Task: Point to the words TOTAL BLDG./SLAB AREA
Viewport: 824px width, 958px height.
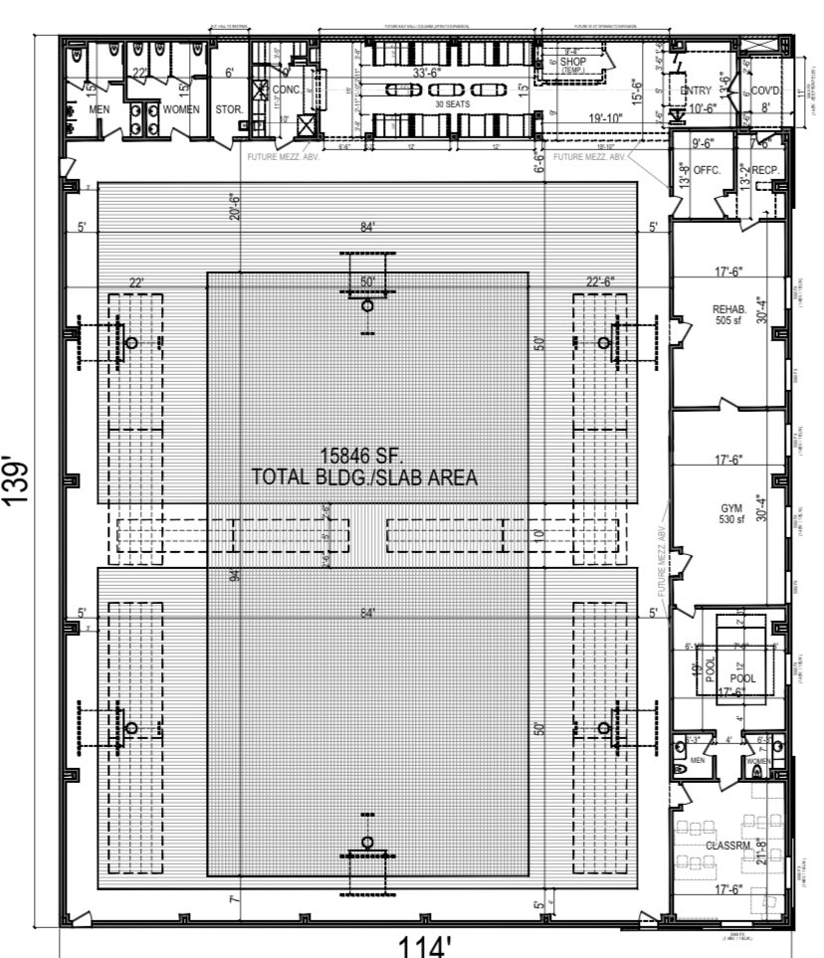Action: [365, 478]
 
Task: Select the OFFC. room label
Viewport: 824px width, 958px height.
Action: [707, 170]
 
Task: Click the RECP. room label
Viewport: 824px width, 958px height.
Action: [764, 170]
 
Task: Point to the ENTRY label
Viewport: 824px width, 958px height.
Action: [696, 92]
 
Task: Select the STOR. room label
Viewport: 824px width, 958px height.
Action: [228, 108]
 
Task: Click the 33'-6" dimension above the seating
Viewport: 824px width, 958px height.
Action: [429, 73]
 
